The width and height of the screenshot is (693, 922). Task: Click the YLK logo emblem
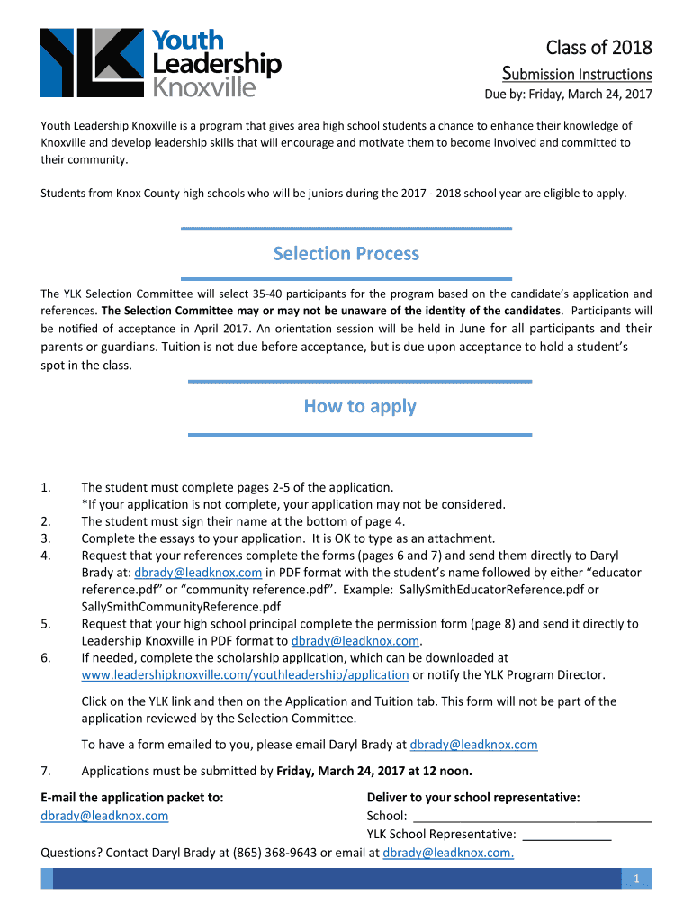[x=91, y=62]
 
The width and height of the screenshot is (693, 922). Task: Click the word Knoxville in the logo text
[x=204, y=87]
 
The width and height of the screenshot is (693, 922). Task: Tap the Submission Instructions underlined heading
[x=576, y=74]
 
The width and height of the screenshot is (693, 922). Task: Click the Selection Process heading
[x=346, y=254]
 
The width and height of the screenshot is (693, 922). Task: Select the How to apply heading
[x=360, y=406]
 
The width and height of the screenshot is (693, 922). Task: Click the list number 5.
[x=46, y=623]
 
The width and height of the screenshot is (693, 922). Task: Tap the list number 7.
[x=46, y=771]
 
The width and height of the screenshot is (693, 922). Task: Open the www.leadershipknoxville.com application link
[x=245, y=674]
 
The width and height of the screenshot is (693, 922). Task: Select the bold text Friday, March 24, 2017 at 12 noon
[x=373, y=771]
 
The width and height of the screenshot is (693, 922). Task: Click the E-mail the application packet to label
[x=132, y=797]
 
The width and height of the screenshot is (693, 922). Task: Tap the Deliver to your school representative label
[x=473, y=797]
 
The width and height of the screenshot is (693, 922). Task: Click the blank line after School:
[x=532, y=817]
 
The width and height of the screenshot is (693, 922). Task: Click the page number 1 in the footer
[x=635, y=880]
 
